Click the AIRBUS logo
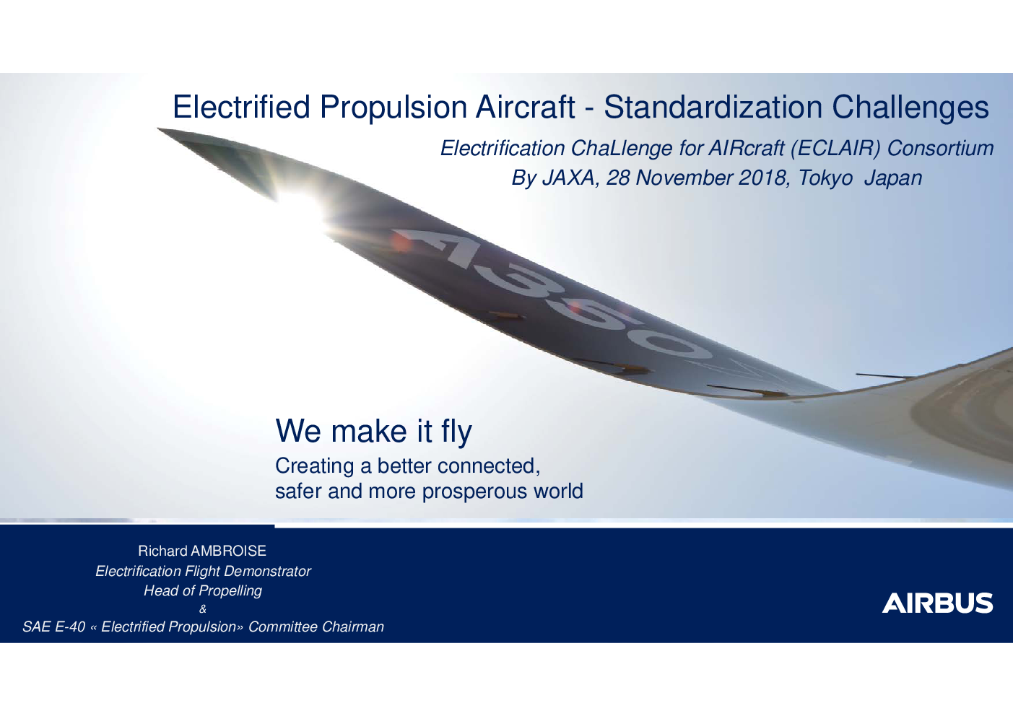click(x=937, y=603)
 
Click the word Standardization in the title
click(x=713, y=107)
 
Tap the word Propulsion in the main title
click(x=394, y=108)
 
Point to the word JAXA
click(x=570, y=178)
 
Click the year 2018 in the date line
click(x=762, y=178)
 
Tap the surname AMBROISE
click(x=228, y=551)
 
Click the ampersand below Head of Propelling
click(x=203, y=609)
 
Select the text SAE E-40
click(x=54, y=626)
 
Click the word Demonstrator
click(x=267, y=571)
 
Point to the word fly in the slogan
click(x=456, y=432)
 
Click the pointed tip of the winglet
click(x=158, y=128)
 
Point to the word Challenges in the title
click(x=910, y=108)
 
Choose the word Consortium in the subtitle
click(x=940, y=148)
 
